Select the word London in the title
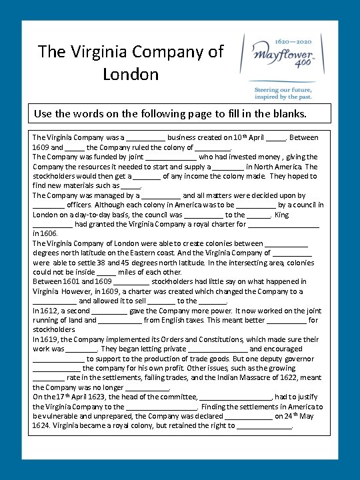[x=131, y=73]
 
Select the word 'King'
[x=282, y=215]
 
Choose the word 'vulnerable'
[x=61, y=416]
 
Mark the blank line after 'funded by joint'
[x=170, y=157]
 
